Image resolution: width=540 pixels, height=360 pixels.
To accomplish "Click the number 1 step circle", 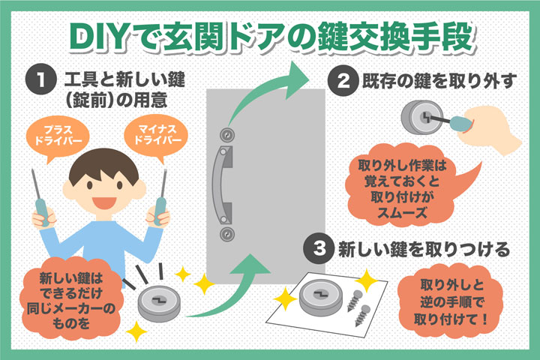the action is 41,79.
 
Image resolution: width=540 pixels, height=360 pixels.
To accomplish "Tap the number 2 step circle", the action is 343,81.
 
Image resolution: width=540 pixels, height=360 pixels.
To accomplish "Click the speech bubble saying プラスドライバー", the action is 58,136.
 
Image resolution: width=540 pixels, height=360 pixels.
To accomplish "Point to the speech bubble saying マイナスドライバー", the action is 156,136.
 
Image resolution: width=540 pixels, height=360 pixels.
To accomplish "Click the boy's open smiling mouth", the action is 104,202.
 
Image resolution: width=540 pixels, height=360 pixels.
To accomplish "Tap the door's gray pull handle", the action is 222,184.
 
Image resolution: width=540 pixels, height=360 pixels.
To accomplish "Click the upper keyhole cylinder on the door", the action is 227,136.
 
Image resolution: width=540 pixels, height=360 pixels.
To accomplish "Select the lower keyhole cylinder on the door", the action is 227,234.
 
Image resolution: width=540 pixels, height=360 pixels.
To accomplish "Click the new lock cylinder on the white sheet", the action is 321,297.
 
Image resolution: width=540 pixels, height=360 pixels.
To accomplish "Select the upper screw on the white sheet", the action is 354,301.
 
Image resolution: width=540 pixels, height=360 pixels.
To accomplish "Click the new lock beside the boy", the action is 159,304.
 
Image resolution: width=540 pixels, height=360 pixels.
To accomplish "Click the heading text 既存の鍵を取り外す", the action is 439,81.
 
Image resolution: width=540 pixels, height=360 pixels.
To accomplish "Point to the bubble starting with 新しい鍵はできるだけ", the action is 70,299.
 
